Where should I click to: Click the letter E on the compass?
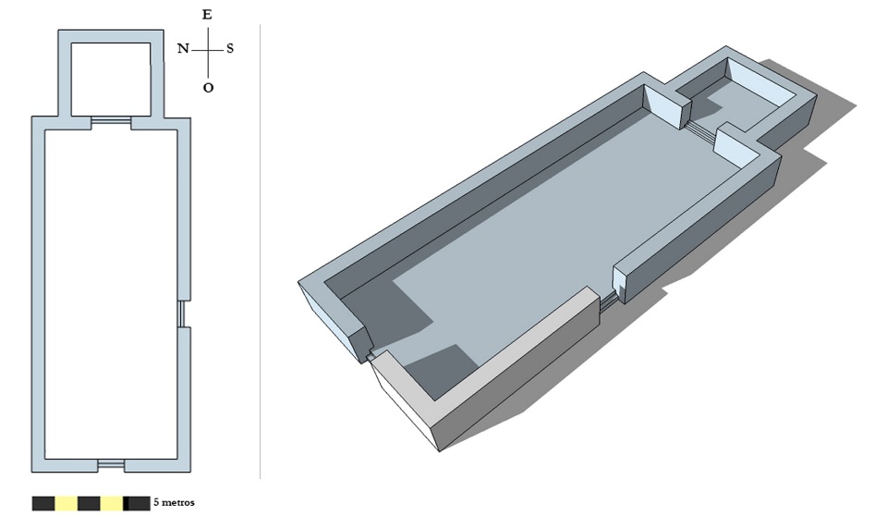pyautogui.click(x=207, y=15)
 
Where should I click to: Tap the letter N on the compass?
pyautogui.click(x=183, y=49)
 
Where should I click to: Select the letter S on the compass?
pyautogui.click(x=229, y=49)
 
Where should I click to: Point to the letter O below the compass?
pyautogui.click(x=208, y=88)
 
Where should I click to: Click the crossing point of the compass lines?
pyautogui.click(x=209, y=49)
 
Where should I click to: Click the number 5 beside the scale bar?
pyautogui.click(x=156, y=502)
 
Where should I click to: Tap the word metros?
pyautogui.click(x=178, y=502)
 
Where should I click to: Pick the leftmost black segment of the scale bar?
pyautogui.click(x=43, y=503)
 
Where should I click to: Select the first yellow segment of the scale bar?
pyautogui.click(x=66, y=503)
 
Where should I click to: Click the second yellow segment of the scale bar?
pyautogui.click(x=111, y=503)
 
